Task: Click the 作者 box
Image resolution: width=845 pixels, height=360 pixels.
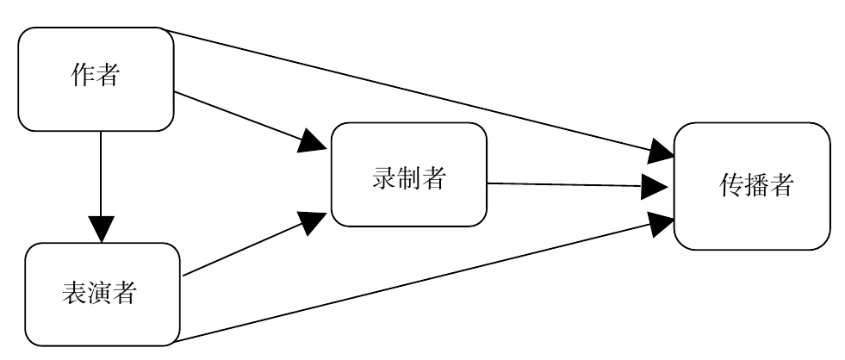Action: [96, 78]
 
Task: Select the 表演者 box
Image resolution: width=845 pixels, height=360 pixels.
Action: [102, 294]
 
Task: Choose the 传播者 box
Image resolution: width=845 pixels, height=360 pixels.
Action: [751, 186]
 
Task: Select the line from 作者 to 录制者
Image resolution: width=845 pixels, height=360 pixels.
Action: [233, 116]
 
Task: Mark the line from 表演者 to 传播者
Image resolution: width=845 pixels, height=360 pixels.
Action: [413, 283]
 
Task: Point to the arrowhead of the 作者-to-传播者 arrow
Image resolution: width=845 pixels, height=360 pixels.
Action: [662, 152]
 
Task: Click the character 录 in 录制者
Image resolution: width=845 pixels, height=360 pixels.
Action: [384, 179]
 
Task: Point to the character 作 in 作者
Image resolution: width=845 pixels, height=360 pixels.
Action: [83, 77]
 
